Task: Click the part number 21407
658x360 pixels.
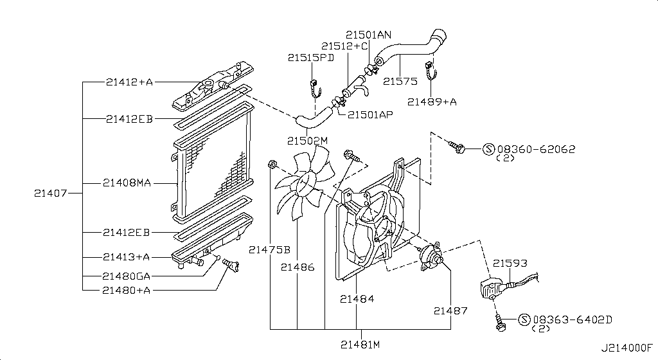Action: (50, 194)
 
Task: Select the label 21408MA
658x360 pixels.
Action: (127, 183)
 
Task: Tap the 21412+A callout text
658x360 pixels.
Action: (129, 82)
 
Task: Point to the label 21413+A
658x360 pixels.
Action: (127, 256)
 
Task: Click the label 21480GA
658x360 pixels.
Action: (127, 276)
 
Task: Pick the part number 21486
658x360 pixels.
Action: (298, 267)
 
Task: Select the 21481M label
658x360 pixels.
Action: (360, 345)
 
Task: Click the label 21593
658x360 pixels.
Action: (510, 263)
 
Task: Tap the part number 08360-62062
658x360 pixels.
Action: (537, 149)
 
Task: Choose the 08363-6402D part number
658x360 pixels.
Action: (573, 319)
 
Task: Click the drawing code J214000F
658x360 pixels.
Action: (627, 348)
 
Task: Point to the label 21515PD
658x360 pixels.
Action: (311, 58)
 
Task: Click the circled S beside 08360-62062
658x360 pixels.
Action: (489, 149)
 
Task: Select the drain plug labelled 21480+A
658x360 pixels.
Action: (231, 265)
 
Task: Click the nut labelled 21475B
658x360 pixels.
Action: (272, 164)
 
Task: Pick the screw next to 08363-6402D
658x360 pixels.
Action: (499, 323)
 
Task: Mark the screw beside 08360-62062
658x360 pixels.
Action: (456, 146)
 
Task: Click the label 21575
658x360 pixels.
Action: (400, 81)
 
